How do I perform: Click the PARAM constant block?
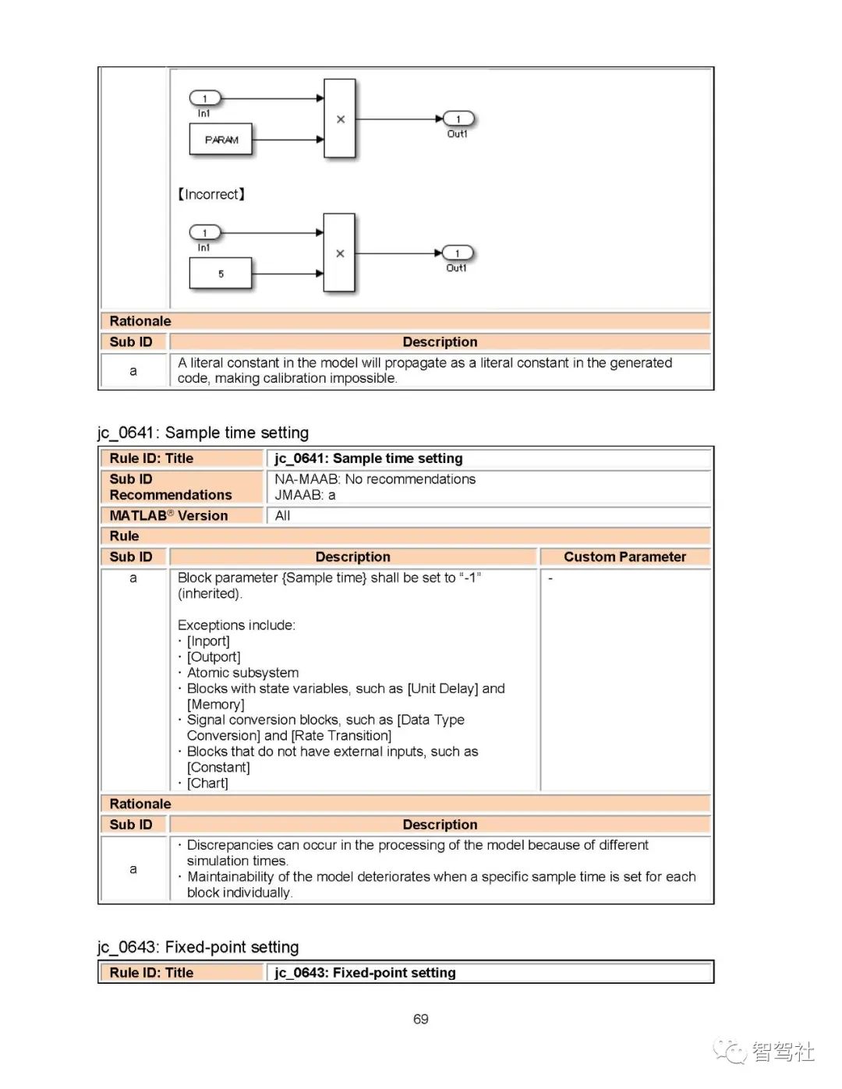pos(221,140)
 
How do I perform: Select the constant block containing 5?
pos(221,274)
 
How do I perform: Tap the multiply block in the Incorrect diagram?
pos(339,253)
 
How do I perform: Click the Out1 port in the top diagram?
pos(458,119)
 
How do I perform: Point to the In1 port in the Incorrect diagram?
pos(205,232)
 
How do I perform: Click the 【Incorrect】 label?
pos(211,194)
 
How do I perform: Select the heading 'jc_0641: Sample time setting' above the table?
pos(203,433)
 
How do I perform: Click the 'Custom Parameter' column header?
pos(624,557)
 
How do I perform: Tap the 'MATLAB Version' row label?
pos(168,515)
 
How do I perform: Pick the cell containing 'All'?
pos(282,515)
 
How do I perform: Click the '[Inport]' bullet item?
pos(207,641)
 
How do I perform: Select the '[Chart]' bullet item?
pos(207,783)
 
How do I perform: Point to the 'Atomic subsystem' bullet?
pos(242,672)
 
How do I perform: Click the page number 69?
pos(420,1019)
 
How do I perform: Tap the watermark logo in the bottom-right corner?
pos(763,1052)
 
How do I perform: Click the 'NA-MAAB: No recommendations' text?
pos(374,479)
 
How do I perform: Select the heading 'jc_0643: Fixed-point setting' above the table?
pos(198,946)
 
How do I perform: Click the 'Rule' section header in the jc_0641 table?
pos(124,536)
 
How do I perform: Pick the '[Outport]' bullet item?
pos(213,656)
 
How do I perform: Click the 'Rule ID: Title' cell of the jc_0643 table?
pos(151,972)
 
